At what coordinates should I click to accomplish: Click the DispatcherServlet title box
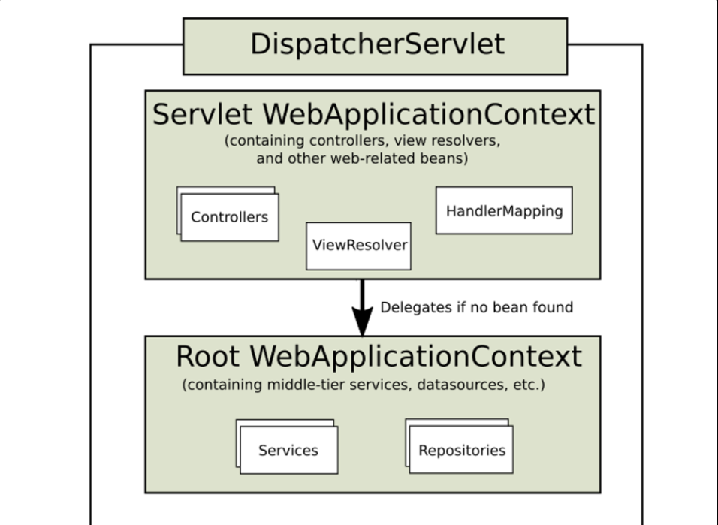pos(375,47)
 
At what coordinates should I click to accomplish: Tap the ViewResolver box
pos(358,246)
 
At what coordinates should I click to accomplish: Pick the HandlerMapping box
pos(504,210)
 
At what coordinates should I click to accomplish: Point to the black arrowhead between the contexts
pos(362,321)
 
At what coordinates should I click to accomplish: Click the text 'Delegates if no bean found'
pos(477,307)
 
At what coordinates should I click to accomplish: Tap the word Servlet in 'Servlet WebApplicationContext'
pos(202,114)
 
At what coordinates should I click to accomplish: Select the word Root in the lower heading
pos(207,356)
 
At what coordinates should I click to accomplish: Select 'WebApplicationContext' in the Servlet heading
pos(429,114)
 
